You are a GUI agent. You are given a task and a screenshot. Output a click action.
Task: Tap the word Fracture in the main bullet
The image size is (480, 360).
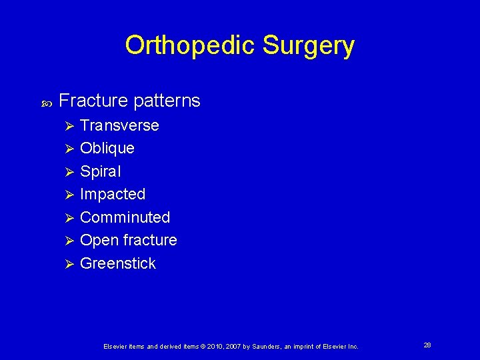tap(93, 101)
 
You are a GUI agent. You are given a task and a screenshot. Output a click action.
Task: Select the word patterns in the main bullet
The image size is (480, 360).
tap(166, 101)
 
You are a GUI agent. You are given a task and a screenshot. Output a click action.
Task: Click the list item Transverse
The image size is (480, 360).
tap(119, 125)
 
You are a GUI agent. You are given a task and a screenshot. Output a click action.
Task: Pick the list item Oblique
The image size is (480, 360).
tap(107, 148)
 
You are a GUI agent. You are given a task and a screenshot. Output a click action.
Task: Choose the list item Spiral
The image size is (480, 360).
tap(100, 171)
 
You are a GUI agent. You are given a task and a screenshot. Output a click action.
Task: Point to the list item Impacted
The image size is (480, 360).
tap(112, 194)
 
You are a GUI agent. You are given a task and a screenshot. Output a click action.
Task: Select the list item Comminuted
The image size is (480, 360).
tap(125, 217)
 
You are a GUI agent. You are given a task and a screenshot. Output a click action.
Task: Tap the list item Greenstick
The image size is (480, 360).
tap(117, 263)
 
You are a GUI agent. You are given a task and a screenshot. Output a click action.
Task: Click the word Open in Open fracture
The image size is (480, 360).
tap(96, 240)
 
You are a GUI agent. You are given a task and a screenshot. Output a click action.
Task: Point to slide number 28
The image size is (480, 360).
tap(427, 345)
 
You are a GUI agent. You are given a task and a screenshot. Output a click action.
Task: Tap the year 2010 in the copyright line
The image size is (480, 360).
tap(213, 347)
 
